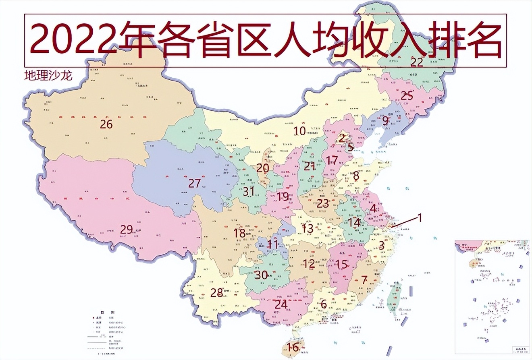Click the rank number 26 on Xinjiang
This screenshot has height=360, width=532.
point(106,124)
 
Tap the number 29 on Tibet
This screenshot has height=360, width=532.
point(126,230)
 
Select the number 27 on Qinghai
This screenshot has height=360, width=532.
point(194,183)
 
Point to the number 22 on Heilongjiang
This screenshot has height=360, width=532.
point(417,62)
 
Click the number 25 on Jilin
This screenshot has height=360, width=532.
point(407,96)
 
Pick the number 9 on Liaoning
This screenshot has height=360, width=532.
point(385,120)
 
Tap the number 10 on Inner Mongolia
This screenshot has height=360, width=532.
point(299,131)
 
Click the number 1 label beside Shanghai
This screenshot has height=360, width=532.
point(419,218)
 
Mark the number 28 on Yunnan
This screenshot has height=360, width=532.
point(216,293)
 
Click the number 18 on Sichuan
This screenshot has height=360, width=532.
point(239,233)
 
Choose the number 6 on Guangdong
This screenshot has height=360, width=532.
point(323,304)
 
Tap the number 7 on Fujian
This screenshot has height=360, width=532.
point(364,280)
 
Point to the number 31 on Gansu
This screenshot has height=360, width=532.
point(248,191)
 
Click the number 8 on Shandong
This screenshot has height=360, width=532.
point(356,176)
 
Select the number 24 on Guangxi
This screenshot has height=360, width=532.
point(281,304)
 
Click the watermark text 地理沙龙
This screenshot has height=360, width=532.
point(48,76)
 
